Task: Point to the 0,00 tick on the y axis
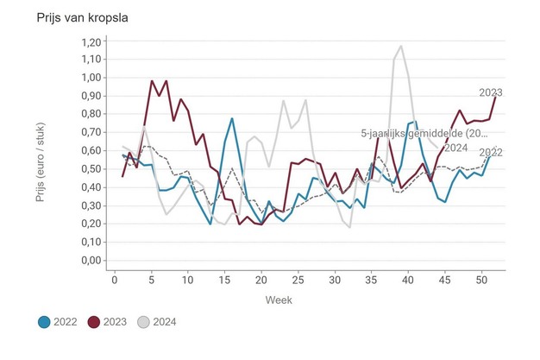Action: coord(89,261)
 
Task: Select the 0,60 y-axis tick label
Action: coord(89,151)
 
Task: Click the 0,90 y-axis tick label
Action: coord(89,96)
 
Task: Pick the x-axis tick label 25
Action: coord(298,280)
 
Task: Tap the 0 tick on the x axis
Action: coord(115,280)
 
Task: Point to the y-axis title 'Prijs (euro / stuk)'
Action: coord(41,151)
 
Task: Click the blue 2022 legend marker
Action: coord(45,322)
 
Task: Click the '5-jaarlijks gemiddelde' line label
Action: coord(424,134)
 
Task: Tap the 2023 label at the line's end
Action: coord(491,93)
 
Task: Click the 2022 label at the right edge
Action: coord(491,153)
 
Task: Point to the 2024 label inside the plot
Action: coord(455,147)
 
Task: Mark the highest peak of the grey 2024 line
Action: coord(401,47)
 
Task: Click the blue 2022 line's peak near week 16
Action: coord(232,118)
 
